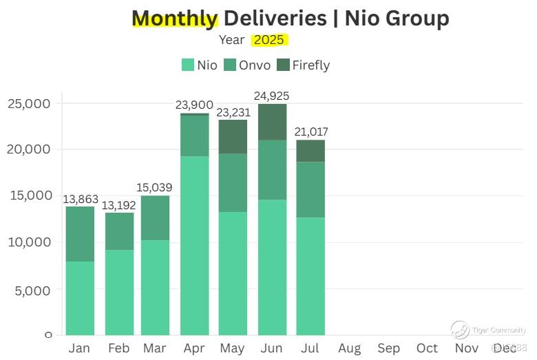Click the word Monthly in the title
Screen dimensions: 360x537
(175, 19)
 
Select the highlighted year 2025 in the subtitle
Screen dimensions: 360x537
(270, 40)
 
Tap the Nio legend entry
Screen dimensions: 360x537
(200, 65)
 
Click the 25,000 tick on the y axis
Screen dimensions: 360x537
(29, 103)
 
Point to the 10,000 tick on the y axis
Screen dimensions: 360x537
(29, 242)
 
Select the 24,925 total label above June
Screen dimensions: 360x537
(272, 96)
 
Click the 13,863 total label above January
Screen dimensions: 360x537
(80, 199)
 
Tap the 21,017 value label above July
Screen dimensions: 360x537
(310, 132)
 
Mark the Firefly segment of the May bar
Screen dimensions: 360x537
(233, 137)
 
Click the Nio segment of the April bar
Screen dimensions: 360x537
(194, 245)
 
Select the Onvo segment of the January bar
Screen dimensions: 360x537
(80, 234)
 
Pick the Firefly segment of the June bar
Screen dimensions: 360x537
(272, 122)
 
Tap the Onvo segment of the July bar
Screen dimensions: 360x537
(310, 189)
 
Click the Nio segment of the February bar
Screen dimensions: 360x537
(119, 292)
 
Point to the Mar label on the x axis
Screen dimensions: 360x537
(155, 348)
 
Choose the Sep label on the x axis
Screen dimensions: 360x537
(388, 348)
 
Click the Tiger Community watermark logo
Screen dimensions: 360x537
(460, 330)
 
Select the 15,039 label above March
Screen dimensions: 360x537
(155, 188)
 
